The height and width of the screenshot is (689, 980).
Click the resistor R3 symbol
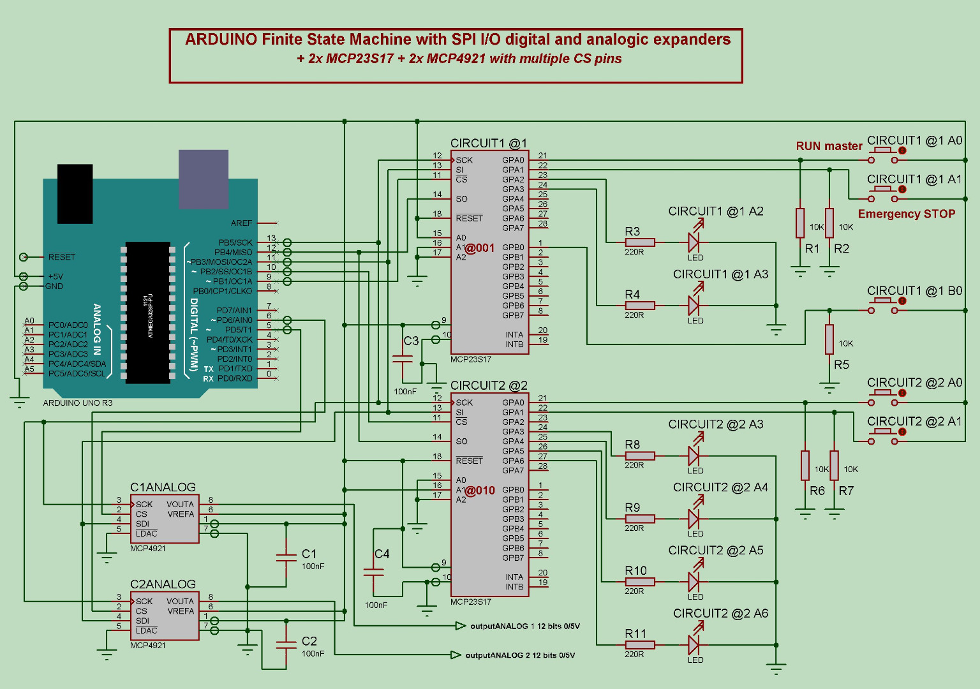[x=639, y=242]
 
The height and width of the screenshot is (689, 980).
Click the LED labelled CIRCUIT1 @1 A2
[x=694, y=242]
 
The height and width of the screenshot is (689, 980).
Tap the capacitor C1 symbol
[x=286, y=558]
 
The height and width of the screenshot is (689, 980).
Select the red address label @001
[x=480, y=248]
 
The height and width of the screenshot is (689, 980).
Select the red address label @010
[x=480, y=491]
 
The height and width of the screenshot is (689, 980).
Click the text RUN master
[x=829, y=146]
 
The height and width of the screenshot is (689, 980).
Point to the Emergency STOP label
[x=906, y=214]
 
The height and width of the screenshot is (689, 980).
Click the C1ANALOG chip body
[x=165, y=519]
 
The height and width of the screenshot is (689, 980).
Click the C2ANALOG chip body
[x=165, y=616]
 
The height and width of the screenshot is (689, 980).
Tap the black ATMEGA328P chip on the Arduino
[x=148, y=312]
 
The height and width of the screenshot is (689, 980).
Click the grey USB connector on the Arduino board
[x=203, y=179]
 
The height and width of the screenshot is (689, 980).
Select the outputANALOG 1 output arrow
[x=461, y=626]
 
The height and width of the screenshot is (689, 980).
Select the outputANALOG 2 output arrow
[x=456, y=655]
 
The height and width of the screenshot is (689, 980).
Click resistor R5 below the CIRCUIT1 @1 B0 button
[x=829, y=339]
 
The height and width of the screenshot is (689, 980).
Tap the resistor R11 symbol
[x=639, y=645]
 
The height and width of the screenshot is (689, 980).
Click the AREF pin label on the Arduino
[x=242, y=223]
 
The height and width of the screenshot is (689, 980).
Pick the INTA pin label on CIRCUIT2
[x=514, y=577]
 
